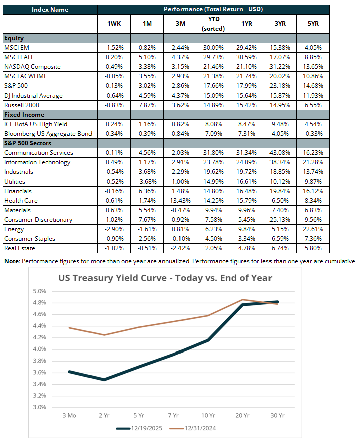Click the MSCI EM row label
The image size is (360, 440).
(x=17, y=48)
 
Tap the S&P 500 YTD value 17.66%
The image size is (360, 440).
(x=213, y=86)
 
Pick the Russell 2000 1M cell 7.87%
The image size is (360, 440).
(x=146, y=105)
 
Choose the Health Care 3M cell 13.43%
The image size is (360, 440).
(x=179, y=201)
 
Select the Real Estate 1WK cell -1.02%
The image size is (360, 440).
(x=114, y=248)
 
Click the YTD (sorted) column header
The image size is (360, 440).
(x=213, y=24)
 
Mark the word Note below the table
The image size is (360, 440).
(x=12, y=261)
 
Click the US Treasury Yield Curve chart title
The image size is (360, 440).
(x=165, y=278)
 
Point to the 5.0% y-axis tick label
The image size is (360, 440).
(x=39, y=291)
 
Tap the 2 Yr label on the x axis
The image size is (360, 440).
(x=105, y=416)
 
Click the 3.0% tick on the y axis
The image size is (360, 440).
(x=39, y=407)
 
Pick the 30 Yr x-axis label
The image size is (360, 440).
(x=278, y=416)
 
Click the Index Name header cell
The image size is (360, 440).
(x=49, y=10)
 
